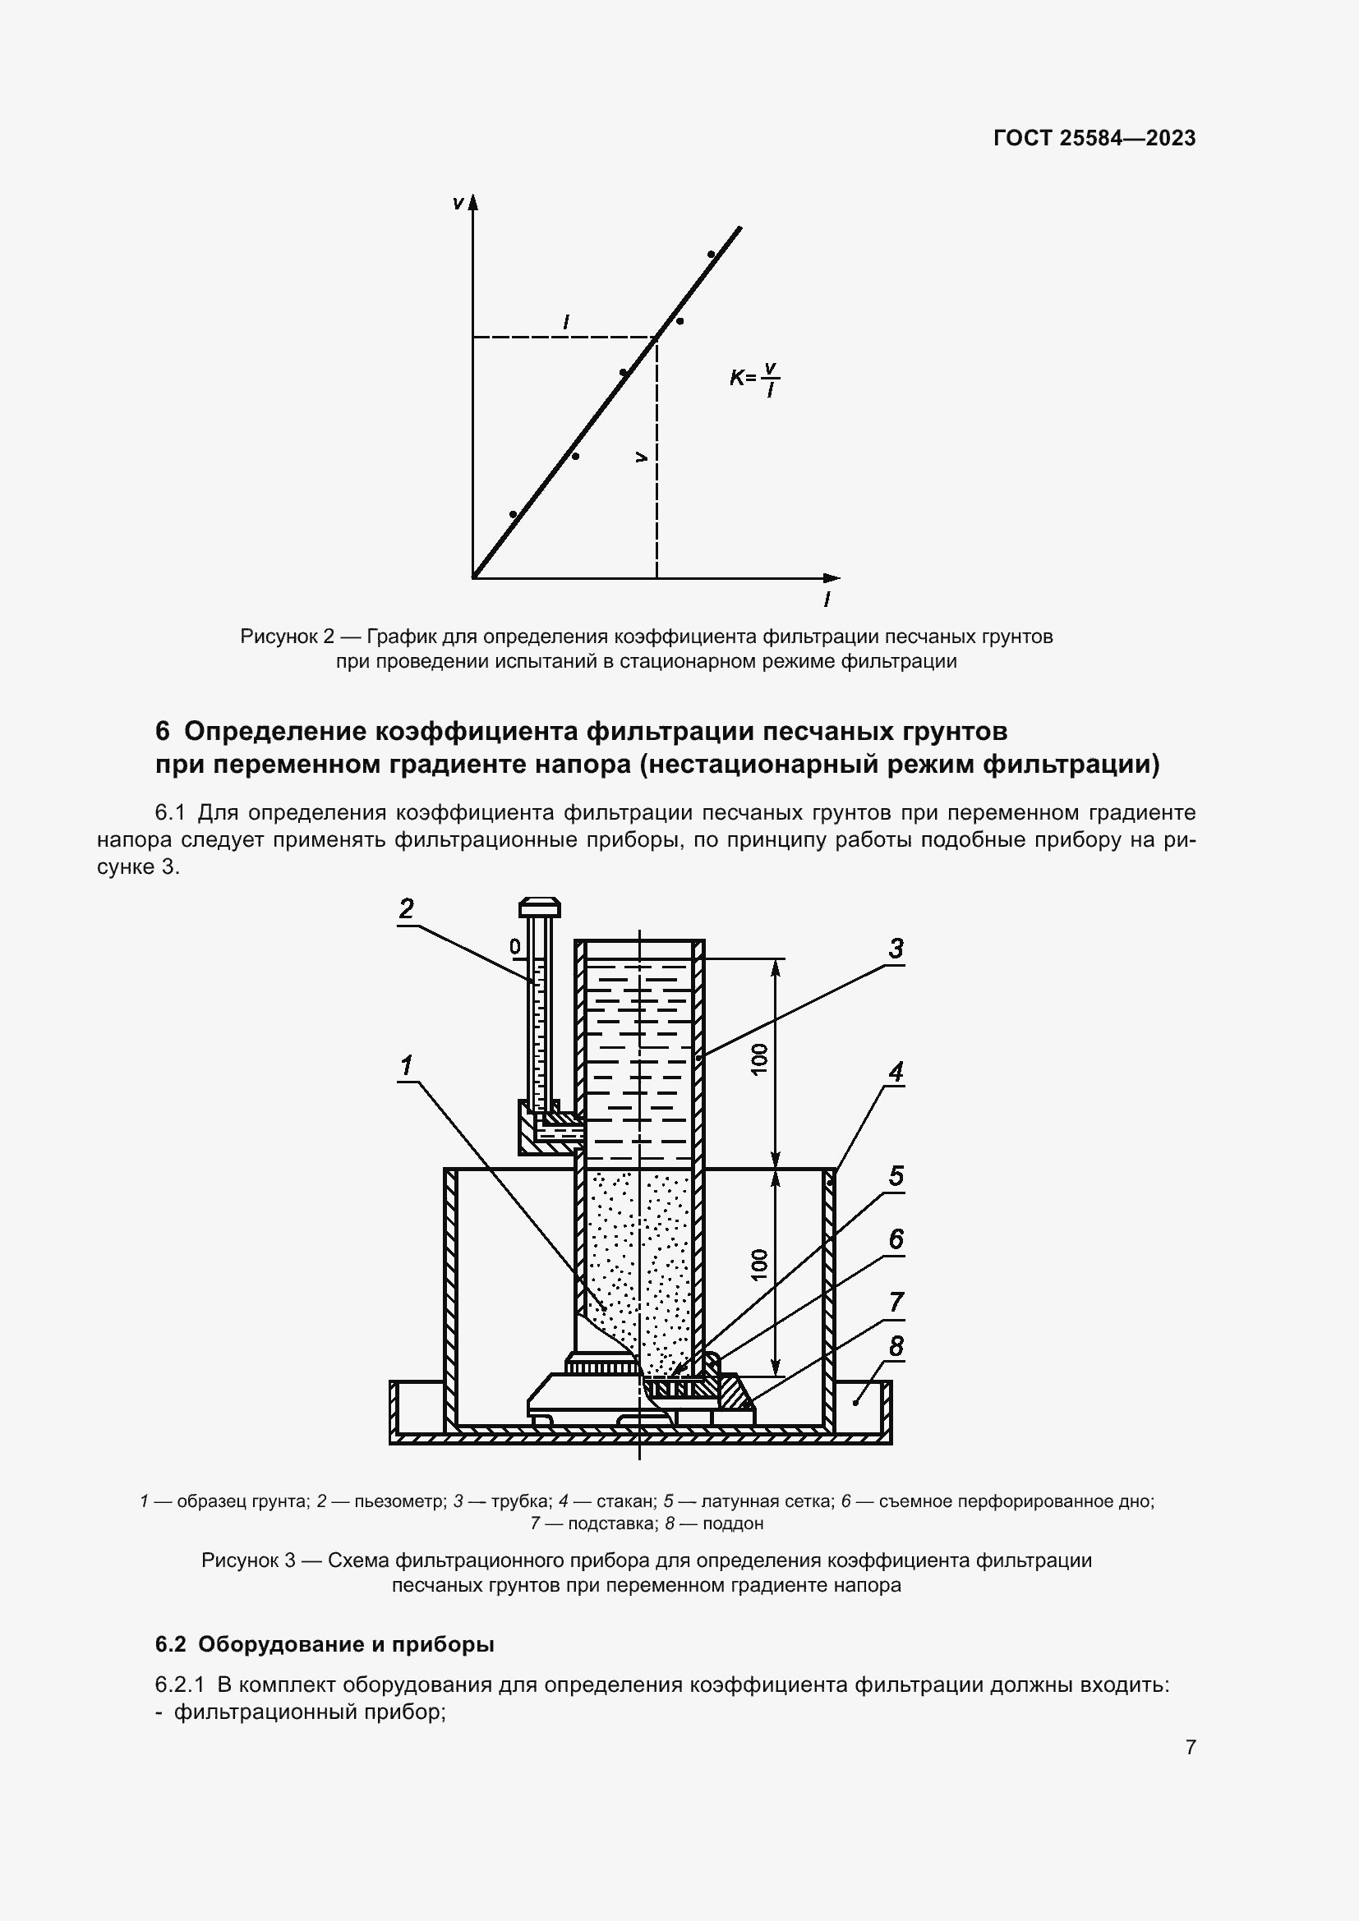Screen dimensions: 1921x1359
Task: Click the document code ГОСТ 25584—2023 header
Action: point(1094,139)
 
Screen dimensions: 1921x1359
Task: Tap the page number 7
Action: point(1190,1747)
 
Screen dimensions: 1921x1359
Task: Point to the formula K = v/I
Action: point(754,378)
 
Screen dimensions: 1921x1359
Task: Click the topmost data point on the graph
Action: point(711,255)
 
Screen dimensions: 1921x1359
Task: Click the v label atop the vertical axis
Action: point(457,204)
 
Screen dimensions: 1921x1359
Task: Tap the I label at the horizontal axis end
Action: point(827,599)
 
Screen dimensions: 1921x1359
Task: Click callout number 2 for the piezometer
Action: point(407,908)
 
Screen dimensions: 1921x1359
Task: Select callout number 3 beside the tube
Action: point(896,949)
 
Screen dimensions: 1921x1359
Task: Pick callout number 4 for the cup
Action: point(896,1072)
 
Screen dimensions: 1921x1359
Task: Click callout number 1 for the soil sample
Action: point(407,1065)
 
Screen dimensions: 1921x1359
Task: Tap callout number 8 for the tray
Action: point(896,1346)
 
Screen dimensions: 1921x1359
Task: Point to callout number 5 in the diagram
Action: point(896,1175)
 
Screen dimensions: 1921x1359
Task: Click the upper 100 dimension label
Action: point(759,1061)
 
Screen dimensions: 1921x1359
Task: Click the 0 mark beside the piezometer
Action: point(514,946)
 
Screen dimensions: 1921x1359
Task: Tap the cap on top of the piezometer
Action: point(539,907)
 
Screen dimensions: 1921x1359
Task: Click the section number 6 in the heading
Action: point(163,731)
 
